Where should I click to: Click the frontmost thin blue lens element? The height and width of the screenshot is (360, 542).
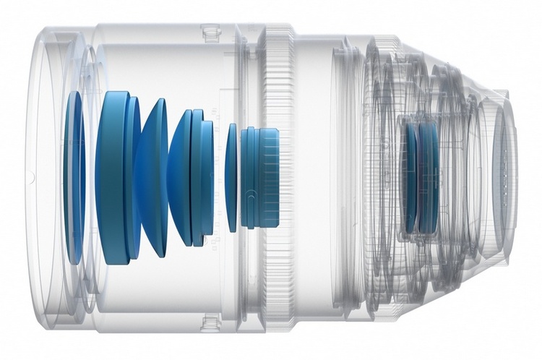click(73, 177)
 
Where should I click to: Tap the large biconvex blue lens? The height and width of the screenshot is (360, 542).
click(153, 177)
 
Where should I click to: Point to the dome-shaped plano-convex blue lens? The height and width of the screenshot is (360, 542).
click(181, 178)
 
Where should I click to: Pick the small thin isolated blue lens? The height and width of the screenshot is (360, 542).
click(231, 178)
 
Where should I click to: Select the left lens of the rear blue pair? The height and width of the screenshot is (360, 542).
click(412, 178)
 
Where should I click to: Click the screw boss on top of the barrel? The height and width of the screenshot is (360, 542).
click(210, 32)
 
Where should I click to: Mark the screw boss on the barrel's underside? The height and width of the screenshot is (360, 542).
click(210, 322)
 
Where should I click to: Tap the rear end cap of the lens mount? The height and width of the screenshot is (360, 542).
click(506, 177)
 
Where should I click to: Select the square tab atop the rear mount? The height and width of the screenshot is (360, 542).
click(500, 95)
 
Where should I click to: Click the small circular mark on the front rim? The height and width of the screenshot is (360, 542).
click(32, 176)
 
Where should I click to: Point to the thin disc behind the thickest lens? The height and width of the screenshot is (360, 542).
click(133, 178)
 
